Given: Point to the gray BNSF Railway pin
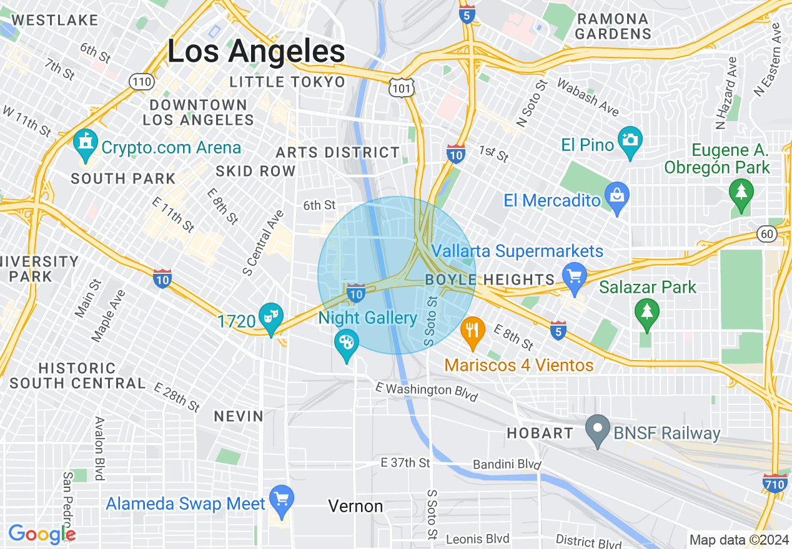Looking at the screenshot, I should coord(598,429).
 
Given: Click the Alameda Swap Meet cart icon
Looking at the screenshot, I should coord(282,499).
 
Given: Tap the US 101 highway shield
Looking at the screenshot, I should coord(400,89).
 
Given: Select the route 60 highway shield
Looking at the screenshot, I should coord(766,233).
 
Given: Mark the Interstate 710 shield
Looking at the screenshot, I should coord(775,483).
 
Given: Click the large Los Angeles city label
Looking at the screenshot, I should coord(256,52).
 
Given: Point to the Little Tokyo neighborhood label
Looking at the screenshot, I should coord(287,82).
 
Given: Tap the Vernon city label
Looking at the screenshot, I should coord(356,506).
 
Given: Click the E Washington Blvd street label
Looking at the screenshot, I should coord(427,392).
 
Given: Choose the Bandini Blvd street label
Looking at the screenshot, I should coord(507,465).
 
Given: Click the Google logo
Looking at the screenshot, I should coord(42,534).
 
